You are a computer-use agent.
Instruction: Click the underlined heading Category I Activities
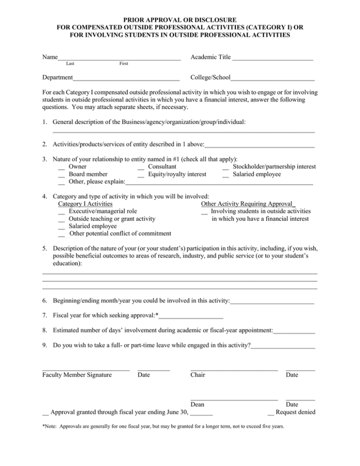click(85, 204)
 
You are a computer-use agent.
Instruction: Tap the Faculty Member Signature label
click(77, 375)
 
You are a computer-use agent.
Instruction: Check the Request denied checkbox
click(270, 413)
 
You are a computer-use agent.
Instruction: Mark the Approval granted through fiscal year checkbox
click(45, 413)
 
